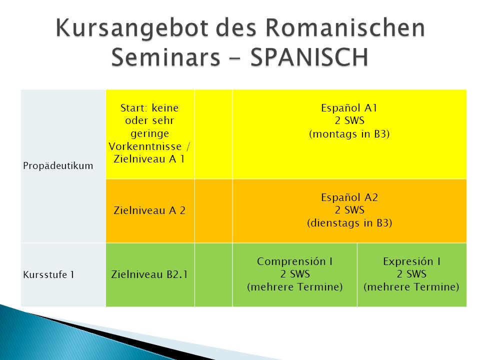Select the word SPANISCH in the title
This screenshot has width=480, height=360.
pyautogui.click(x=309, y=57)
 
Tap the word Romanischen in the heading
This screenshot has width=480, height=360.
pyautogui.click(x=345, y=27)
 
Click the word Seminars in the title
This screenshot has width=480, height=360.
pyautogui.click(x=165, y=57)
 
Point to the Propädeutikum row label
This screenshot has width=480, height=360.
pyautogui.click(x=58, y=165)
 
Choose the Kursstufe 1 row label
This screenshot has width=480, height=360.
pyautogui.click(x=48, y=274)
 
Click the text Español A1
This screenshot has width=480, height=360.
pyautogui.click(x=349, y=108)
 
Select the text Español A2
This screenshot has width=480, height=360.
pyautogui.click(x=349, y=197)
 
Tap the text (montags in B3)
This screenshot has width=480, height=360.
pyautogui.click(x=349, y=134)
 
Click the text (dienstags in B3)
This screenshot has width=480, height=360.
pyautogui.click(x=349, y=223)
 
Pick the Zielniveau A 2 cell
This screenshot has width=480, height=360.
pyautogui.click(x=149, y=210)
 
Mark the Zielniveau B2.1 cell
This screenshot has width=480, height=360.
pyautogui.click(x=149, y=274)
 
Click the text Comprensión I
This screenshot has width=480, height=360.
pyautogui.click(x=295, y=261)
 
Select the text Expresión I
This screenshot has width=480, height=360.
pyautogui.click(x=411, y=261)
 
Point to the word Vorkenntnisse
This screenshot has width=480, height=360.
pyautogui.click(x=145, y=146)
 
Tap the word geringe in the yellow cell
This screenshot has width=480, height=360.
pyautogui.click(x=149, y=134)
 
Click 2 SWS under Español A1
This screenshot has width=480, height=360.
pyautogui.click(x=349, y=120)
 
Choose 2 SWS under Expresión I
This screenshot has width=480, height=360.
pyautogui.click(x=411, y=273)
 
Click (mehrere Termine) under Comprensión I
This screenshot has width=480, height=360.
pyautogui.click(x=295, y=287)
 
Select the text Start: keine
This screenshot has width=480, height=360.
pyautogui.click(x=149, y=108)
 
